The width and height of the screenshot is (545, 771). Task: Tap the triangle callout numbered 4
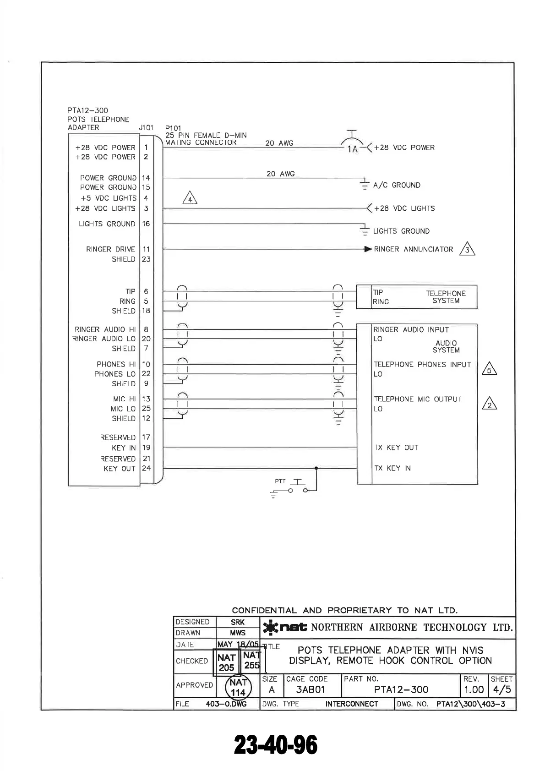(x=190, y=198)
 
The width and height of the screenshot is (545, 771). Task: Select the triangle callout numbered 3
(x=467, y=249)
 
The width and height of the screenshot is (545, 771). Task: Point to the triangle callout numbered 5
(x=490, y=369)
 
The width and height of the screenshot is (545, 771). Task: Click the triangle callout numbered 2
(x=490, y=404)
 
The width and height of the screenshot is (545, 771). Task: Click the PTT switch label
(x=280, y=481)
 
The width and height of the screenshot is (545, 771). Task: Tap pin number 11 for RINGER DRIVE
(x=146, y=249)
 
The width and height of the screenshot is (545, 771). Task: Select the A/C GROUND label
(x=397, y=185)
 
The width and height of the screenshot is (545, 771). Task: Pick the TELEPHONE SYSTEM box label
(x=446, y=297)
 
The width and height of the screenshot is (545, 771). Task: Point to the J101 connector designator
(x=146, y=127)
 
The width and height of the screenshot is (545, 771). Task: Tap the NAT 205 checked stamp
(x=227, y=662)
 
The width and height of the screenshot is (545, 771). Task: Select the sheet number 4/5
(x=501, y=690)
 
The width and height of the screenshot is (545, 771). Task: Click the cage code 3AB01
(x=310, y=690)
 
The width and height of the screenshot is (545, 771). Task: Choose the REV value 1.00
(x=474, y=690)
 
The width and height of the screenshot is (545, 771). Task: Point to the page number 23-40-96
(x=276, y=744)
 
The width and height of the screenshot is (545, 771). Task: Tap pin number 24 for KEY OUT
(x=146, y=468)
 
